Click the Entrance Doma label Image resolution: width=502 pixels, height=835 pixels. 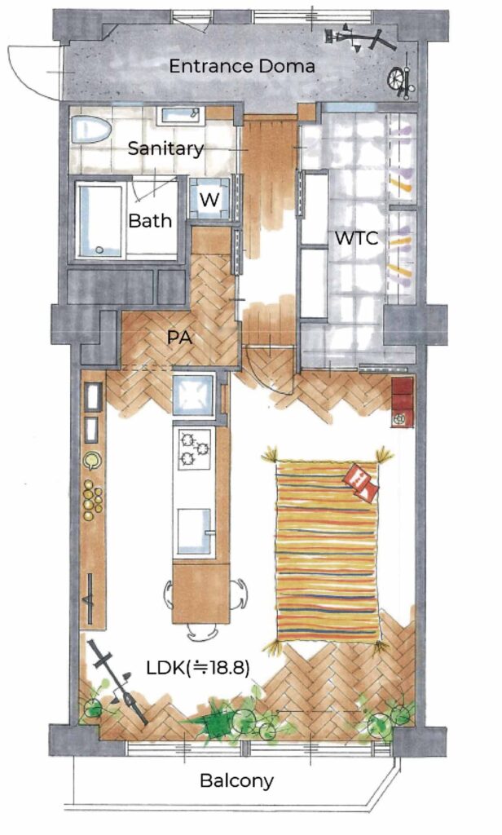tap(242, 67)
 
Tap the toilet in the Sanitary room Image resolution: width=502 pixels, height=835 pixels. tap(90, 130)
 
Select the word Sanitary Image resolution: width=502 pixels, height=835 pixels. tap(165, 148)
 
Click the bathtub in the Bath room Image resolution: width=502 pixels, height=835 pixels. tap(101, 220)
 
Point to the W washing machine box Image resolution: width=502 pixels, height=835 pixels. tap(209, 199)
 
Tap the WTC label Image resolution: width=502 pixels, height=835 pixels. tap(356, 238)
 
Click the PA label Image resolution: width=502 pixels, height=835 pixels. tap(179, 338)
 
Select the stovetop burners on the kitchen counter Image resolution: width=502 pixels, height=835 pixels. tap(194, 448)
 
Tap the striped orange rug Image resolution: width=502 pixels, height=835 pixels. tap(328, 552)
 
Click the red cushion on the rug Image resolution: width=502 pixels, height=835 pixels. tap(362, 483)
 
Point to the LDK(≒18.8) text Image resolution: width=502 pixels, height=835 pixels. tap(198, 668)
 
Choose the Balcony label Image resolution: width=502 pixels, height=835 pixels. tap(236, 781)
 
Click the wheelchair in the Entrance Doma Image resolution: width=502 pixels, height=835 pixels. tap(401, 81)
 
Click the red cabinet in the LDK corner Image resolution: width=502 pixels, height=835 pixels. tap(403, 402)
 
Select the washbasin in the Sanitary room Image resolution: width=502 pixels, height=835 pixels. tap(181, 115)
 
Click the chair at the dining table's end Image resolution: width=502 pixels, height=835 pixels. tap(202, 632)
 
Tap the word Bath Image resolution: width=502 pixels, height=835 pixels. tap(151, 220)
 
